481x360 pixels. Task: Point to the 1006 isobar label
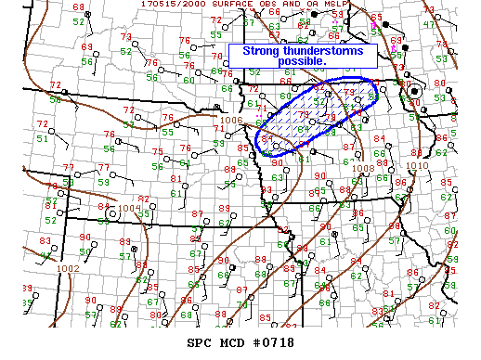pos(232,121)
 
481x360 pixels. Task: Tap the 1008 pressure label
pos(363,168)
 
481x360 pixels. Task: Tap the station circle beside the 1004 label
pos(112,213)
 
